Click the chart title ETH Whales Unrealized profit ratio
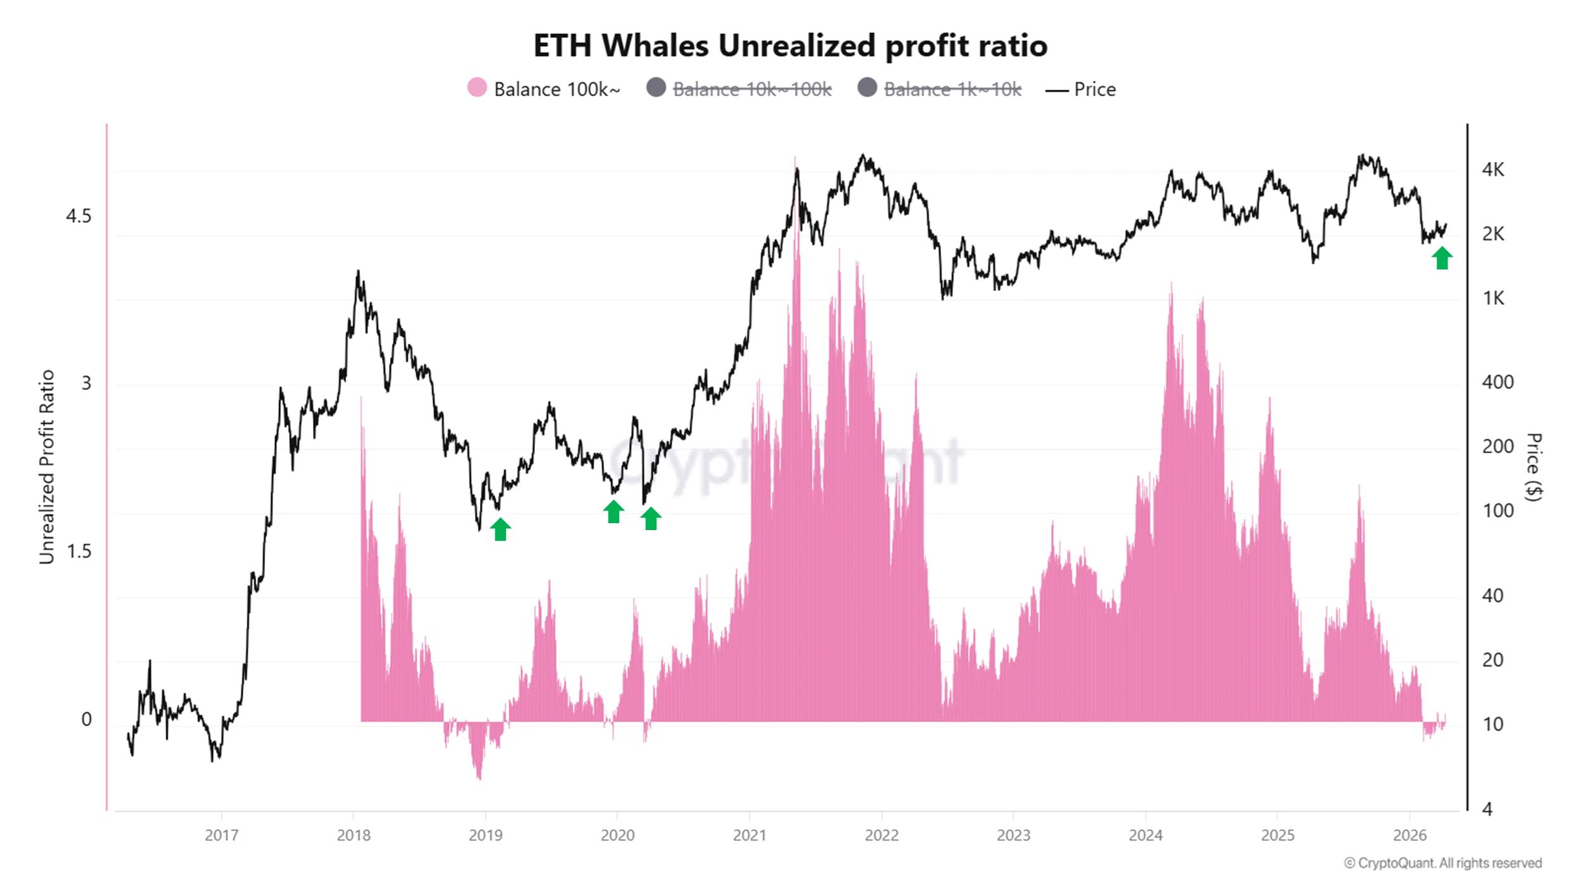[790, 46]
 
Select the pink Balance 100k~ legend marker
[477, 87]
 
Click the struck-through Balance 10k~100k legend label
[751, 89]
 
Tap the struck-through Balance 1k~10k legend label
[952, 89]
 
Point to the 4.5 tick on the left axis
[78, 216]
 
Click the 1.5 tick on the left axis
[78, 552]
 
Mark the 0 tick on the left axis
[86, 719]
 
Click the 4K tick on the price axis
[1493, 170]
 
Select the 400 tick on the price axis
[1497, 382]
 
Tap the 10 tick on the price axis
[1492, 724]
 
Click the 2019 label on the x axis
[486, 835]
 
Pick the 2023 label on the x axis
[1013, 835]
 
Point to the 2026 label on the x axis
[1410, 835]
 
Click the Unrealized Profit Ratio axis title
[47, 467]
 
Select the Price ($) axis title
[1534, 467]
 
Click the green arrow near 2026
[1442, 258]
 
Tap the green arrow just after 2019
[500, 529]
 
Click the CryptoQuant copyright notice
[1443, 863]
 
